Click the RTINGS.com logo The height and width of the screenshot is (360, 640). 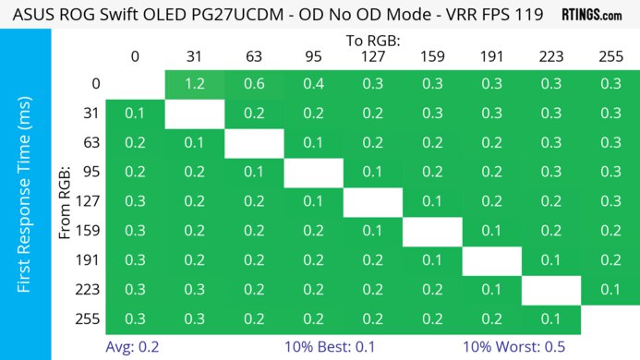click(x=592, y=15)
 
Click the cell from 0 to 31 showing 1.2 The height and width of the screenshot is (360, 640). click(x=194, y=84)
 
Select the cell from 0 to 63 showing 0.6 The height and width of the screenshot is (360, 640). click(x=253, y=84)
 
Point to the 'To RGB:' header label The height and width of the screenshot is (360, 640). click(x=373, y=41)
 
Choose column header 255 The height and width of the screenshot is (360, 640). click(x=610, y=56)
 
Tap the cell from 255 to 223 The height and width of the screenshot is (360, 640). click(x=550, y=318)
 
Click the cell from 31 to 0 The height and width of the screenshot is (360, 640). click(x=135, y=114)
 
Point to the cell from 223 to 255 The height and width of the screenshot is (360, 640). click(x=610, y=290)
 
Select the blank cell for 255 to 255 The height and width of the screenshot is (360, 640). click(x=610, y=318)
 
